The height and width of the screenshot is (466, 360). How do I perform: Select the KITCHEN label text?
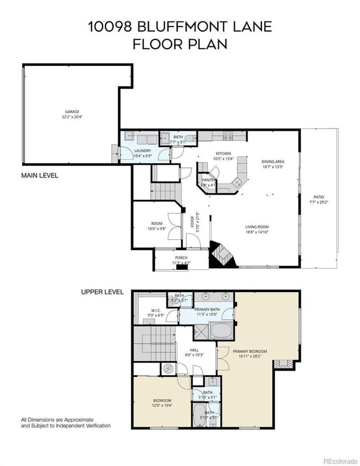click(x=223, y=153)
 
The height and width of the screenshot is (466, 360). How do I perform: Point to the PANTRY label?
click(x=208, y=180)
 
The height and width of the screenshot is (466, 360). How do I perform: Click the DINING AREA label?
click(x=272, y=162)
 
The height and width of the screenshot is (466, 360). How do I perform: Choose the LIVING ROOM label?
click(x=257, y=227)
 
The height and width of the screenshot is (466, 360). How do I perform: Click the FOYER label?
click(x=193, y=222)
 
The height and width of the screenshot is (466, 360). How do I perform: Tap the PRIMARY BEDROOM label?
click(x=250, y=351)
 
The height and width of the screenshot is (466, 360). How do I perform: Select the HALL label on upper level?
click(x=194, y=350)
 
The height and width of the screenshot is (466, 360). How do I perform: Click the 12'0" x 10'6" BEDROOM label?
click(x=162, y=400)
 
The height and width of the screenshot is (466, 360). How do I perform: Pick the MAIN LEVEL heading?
click(x=40, y=175)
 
